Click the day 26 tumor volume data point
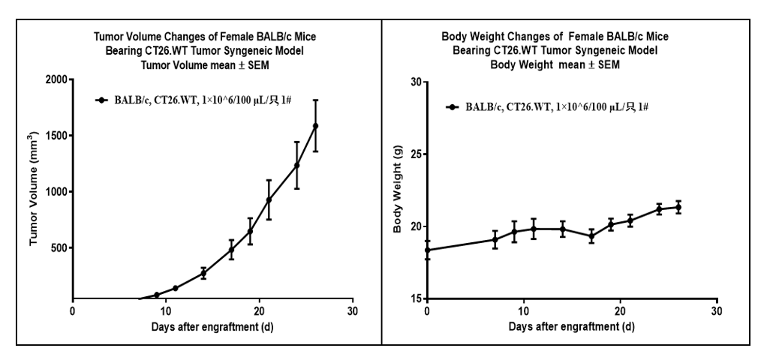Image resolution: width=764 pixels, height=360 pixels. (x=315, y=126)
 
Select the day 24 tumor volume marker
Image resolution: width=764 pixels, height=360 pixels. (x=296, y=165)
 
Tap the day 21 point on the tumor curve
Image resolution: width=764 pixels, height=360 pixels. (x=269, y=199)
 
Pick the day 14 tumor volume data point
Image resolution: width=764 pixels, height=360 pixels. (x=203, y=274)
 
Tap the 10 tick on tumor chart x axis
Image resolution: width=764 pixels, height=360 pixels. (x=165, y=310)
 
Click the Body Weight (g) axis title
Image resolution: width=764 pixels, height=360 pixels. (x=398, y=190)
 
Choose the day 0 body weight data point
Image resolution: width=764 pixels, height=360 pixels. (x=427, y=250)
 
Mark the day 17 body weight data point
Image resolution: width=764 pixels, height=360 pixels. (x=591, y=236)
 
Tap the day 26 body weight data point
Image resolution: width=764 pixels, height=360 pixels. (x=678, y=207)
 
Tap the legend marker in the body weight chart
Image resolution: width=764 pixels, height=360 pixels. (x=453, y=107)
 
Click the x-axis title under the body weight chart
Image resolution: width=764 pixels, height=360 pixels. (x=572, y=327)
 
